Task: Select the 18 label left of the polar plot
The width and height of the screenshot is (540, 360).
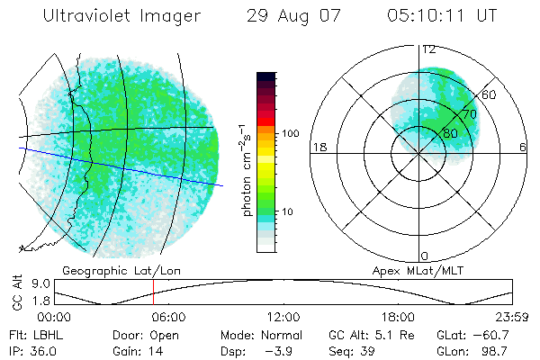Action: coord(318,148)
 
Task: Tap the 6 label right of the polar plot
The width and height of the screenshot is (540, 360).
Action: coord(523,148)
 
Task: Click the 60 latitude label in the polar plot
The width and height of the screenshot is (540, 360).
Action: coord(490,94)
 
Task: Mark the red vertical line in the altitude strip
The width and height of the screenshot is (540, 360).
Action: coord(154,293)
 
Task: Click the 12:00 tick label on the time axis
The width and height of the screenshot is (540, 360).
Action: coord(283,317)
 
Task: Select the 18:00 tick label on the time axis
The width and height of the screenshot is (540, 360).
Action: coord(398,317)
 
